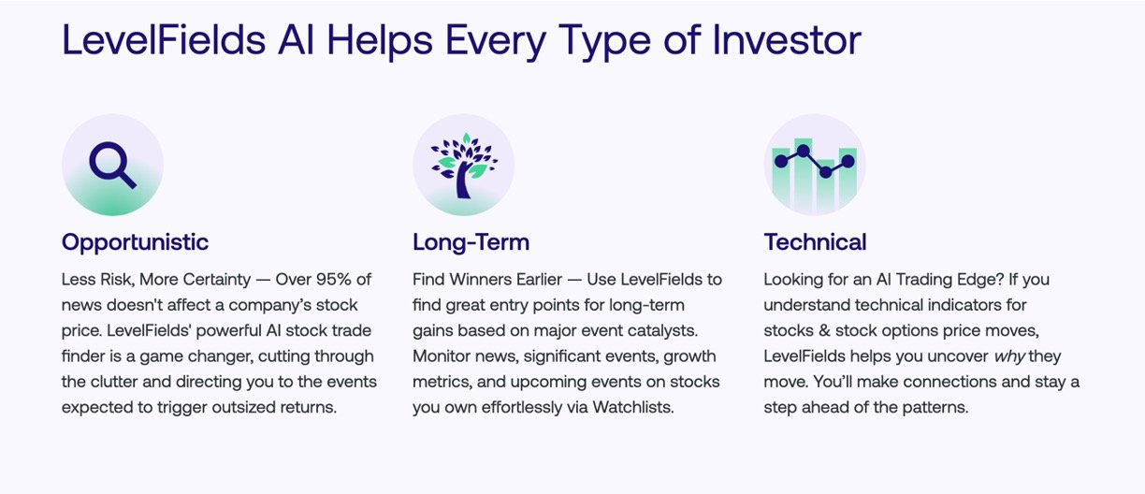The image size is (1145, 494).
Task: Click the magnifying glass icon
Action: (x=112, y=165)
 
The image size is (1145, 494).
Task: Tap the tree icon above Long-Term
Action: (x=464, y=166)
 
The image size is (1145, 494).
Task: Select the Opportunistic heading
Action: (x=135, y=242)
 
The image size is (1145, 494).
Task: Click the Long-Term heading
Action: (x=471, y=242)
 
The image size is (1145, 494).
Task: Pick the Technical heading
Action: (x=815, y=242)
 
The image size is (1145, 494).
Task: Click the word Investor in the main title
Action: (x=787, y=40)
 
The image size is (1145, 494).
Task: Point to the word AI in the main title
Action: (x=296, y=40)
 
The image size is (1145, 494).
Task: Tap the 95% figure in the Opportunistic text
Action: (x=334, y=279)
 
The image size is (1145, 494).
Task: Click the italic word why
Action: (x=1009, y=356)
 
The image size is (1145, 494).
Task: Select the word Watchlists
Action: (x=632, y=407)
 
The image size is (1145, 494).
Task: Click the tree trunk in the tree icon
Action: (x=463, y=182)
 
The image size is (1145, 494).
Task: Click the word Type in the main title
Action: (x=604, y=41)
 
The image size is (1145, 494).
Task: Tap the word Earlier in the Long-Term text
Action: (x=539, y=279)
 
